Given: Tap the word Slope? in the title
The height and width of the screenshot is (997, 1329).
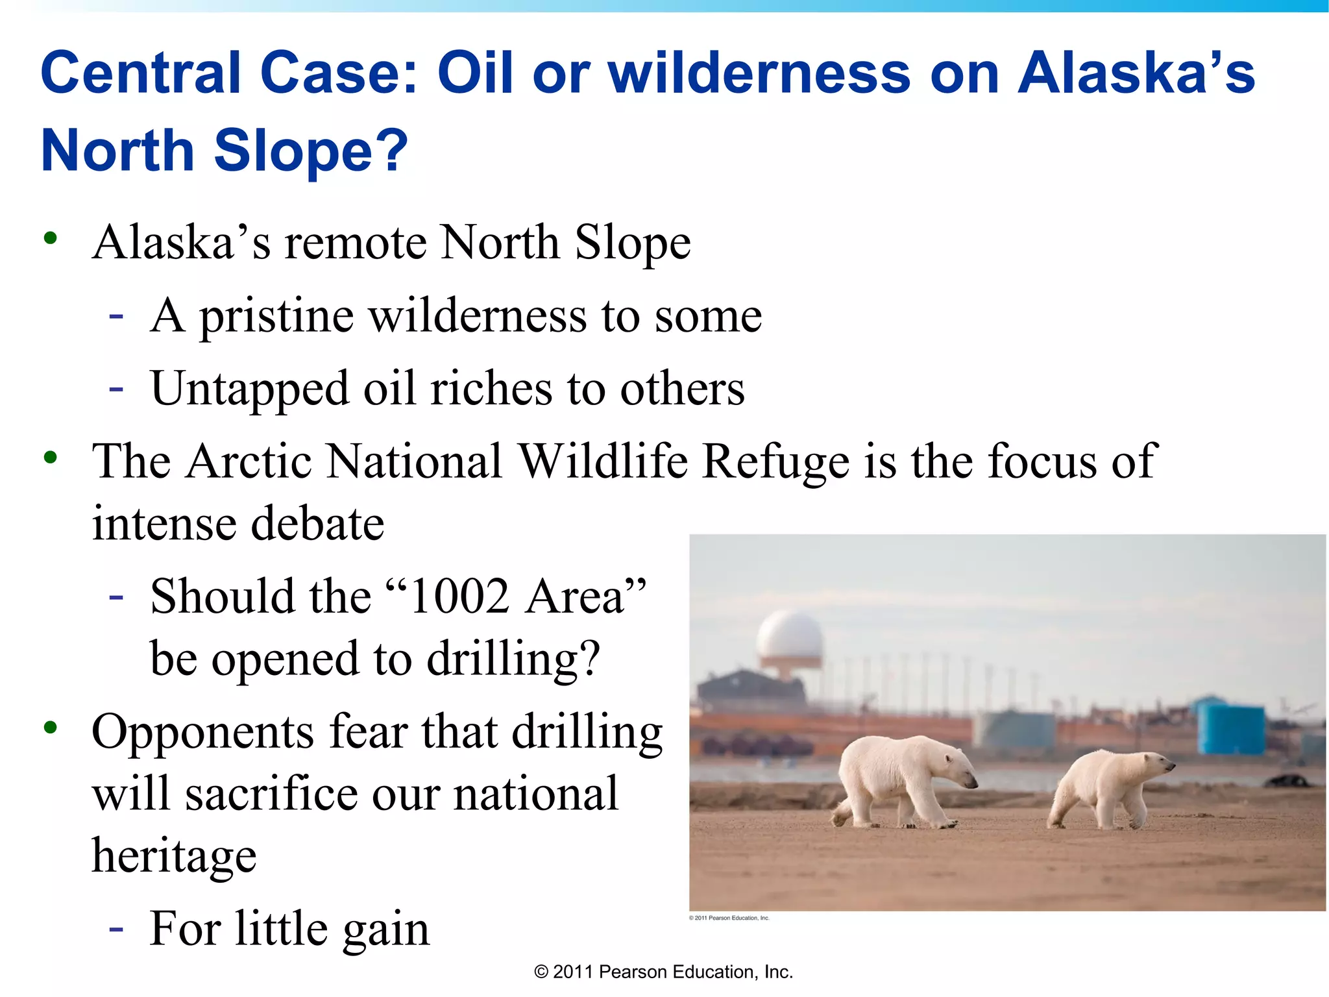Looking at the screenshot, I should pos(311,151).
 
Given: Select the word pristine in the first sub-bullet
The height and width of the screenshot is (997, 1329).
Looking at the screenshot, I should pos(276,317).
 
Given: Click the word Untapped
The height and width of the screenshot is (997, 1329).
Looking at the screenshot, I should pos(249,389).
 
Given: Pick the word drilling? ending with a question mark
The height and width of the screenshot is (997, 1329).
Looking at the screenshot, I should pos(513,659).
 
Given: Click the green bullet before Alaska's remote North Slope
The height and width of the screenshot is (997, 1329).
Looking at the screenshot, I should pos(51,238).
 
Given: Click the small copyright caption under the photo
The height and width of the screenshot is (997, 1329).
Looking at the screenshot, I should pos(729,918).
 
